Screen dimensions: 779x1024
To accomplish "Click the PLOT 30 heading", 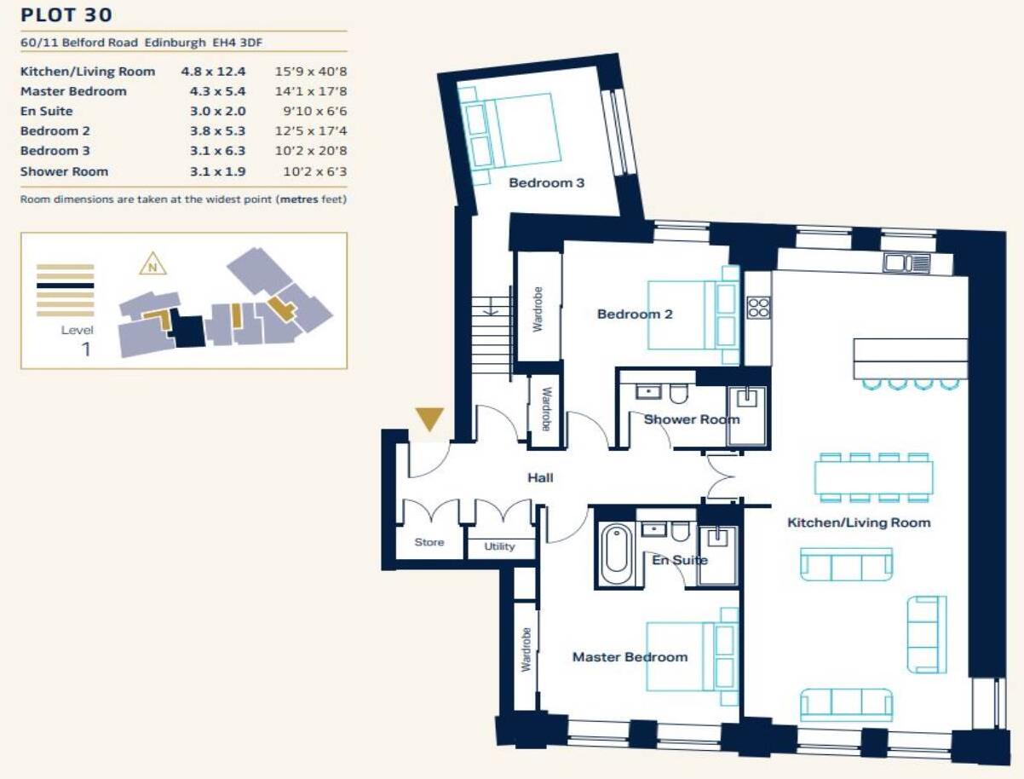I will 66,14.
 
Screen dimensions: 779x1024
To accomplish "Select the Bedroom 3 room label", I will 546,182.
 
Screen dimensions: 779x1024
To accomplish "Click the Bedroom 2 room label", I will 635,314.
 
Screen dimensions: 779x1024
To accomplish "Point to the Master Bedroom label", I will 629,656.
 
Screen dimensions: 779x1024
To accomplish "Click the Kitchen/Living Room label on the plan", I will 858,522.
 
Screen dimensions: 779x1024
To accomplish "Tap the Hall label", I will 540,477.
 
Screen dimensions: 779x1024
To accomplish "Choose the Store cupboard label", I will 429,542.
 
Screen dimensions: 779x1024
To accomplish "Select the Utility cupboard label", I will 500,546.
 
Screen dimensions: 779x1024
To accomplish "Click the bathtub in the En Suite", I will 615,555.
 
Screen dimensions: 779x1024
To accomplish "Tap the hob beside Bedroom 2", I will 758,307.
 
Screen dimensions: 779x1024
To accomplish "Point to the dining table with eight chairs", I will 873,477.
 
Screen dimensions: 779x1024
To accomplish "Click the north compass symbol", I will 152,264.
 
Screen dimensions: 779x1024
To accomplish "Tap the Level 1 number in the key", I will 85,348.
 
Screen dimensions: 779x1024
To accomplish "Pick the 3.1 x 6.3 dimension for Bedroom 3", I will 217,151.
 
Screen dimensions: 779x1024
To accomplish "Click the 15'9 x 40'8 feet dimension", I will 310,71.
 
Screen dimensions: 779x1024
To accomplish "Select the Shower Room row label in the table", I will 64,171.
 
